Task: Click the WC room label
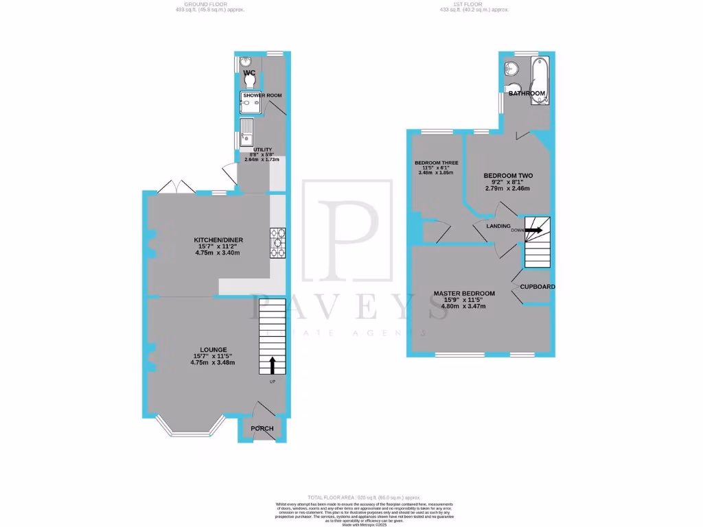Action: pyautogui.click(x=249, y=73)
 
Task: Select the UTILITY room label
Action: pyautogui.click(x=263, y=150)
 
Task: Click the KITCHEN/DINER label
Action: pyautogui.click(x=218, y=240)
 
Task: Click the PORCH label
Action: pyautogui.click(x=262, y=429)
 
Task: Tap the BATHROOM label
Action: pyautogui.click(x=527, y=93)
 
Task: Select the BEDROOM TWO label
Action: pyautogui.click(x=508, y=176)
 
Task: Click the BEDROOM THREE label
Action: pyautogui.click(x=431, y=163)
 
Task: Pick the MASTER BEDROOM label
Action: pyautogui.click(x=464, y=294)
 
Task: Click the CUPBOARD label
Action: pyautogui.click(x=538, y=287)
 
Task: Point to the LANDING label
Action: pyautogui.click(x=498, y=226)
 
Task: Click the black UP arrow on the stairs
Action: pyautogui.click(x=273, y=366)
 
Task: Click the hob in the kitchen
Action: pyautogui.click(x=278, y=243)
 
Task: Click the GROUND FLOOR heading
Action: pyautogui.click(x=209, y=4)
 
